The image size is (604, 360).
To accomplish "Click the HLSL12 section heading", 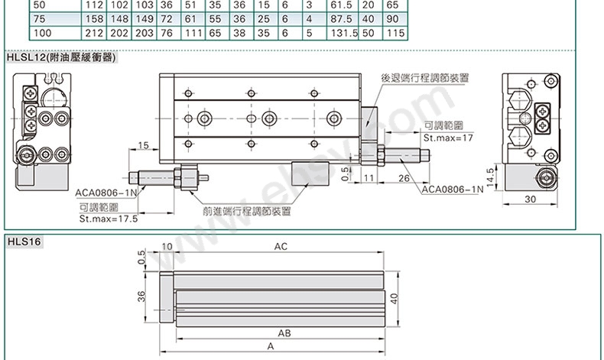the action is pos(61,58).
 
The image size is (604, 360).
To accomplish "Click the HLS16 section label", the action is pos(24,242).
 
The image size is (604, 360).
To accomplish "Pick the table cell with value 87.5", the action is pos(341,19).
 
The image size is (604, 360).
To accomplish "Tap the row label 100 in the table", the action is pos(42,33).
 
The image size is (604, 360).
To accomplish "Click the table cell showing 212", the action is pos(94,33).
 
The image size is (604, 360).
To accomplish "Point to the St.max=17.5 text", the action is pos(109,219).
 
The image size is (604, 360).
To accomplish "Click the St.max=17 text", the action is pos(448,138).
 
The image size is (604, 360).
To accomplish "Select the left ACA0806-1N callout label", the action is pos(106,193).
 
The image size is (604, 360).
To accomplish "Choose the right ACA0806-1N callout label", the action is pos(452,189).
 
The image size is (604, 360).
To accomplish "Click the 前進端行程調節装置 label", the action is pos(247,212).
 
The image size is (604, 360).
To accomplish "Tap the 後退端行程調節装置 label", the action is pos(425,78).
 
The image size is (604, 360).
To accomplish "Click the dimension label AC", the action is pos(281,246).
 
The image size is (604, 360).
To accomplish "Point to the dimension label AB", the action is pos(284,333).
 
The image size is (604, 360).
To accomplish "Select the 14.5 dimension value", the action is pos(490,177).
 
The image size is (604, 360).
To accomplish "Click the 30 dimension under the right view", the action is pos(531,199).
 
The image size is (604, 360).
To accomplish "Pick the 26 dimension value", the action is pos(404,178).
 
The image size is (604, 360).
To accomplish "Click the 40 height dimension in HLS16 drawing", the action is pos(394,299).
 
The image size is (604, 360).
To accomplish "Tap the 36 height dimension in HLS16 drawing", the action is pos(142,297).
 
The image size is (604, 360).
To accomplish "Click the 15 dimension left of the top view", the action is pos(143,145).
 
